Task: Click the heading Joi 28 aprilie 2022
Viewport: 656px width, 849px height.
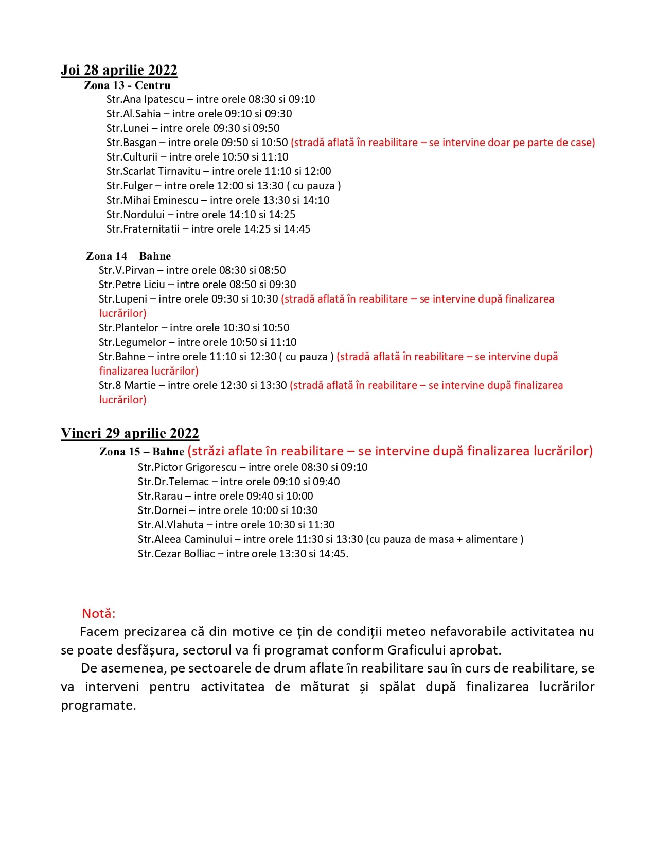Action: tap(119, 70)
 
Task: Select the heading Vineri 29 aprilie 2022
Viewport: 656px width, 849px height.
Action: tap(130, 433)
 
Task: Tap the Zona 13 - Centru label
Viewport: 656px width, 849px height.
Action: tap(127, 85)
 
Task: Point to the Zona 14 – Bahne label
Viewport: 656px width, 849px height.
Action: tap(128, 256)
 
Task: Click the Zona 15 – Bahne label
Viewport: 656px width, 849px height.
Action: tap(141, 452)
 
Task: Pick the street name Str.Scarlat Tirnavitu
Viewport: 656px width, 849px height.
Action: tap(153, 171)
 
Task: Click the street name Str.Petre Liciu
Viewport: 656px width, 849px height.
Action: tap(132, 285)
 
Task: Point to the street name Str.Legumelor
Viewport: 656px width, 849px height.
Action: tap(132, 342)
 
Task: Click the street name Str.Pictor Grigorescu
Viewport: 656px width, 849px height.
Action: tap(187, 467)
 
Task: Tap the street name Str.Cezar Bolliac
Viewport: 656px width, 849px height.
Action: tap(176, 554)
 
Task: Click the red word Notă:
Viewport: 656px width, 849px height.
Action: tap(99, 613)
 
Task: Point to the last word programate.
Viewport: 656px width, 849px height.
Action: tap(98, 705)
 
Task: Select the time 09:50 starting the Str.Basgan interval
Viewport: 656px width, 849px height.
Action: tap(235, 143)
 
